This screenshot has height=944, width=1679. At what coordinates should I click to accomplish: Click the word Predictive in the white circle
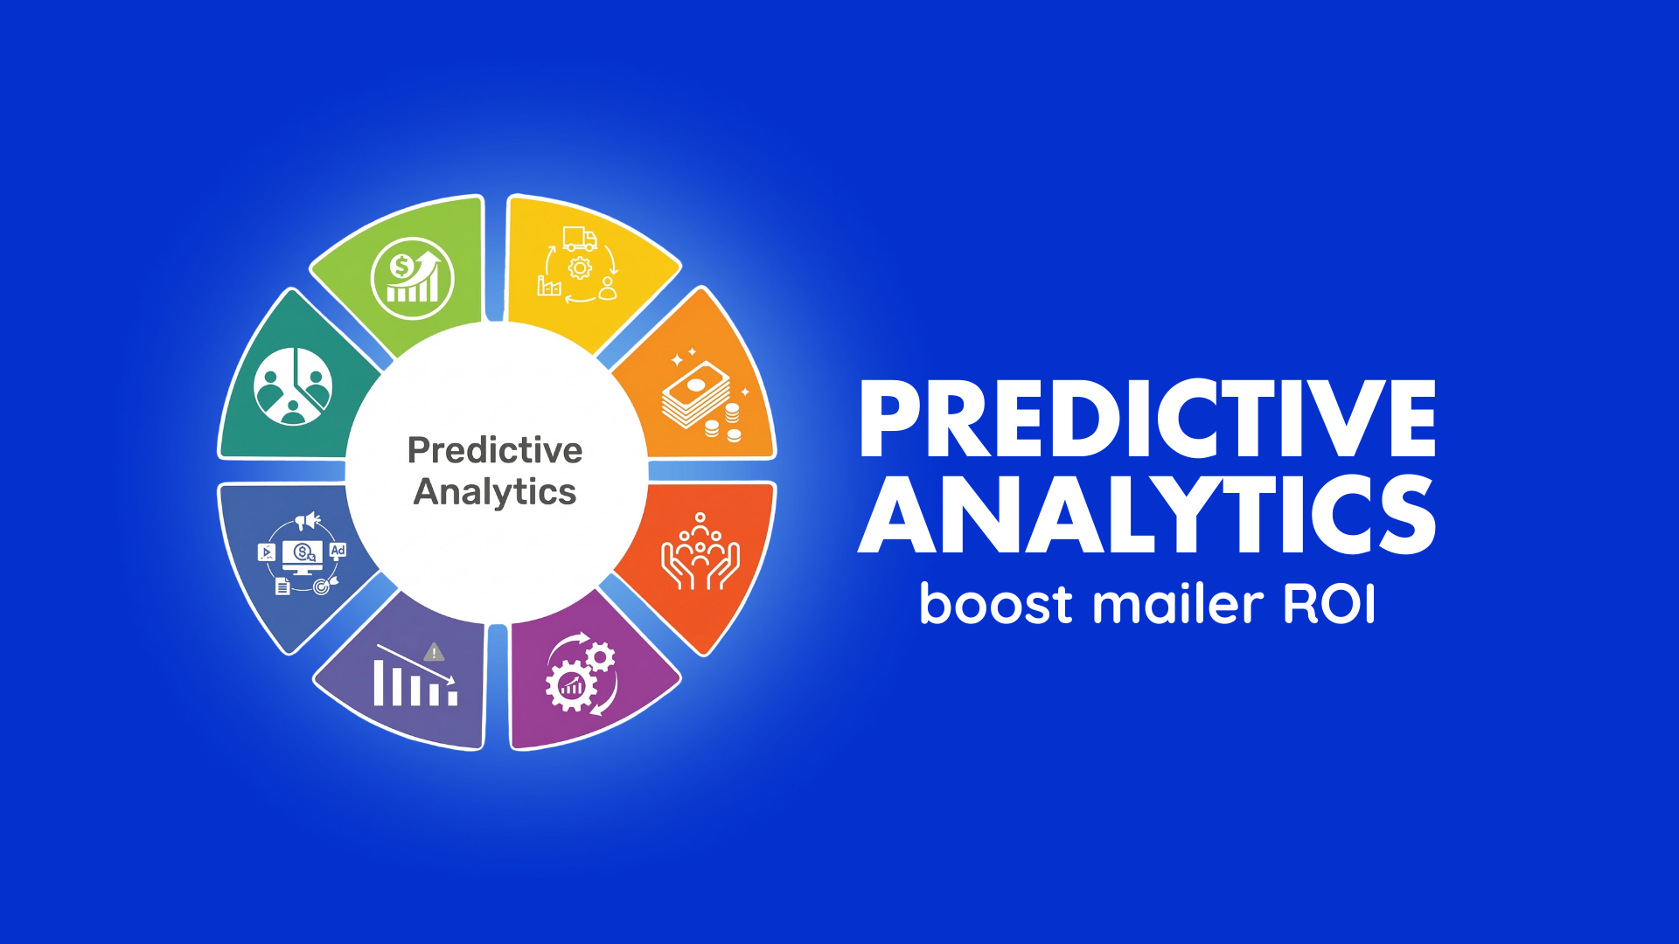point(495,450)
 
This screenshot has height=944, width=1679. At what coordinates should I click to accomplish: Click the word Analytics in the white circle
point(495,491)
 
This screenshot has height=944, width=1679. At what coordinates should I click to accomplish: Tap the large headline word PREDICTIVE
point(1147,420)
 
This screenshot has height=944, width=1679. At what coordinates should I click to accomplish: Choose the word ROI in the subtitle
point(1329,604)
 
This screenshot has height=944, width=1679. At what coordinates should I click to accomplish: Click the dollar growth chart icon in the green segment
point(412,279)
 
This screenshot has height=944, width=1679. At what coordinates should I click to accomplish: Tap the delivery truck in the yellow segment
point(580,238)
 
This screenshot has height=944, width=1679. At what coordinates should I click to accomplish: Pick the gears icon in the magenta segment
point(581,677)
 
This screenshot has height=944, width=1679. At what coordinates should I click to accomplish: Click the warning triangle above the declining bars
point(434,652)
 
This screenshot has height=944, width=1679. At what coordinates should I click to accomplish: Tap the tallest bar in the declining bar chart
point(379,683)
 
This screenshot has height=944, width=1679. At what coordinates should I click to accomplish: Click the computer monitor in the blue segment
point(302,556)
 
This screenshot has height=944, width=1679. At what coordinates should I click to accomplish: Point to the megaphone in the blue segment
point(307,522)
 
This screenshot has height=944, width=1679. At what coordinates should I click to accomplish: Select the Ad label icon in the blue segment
point(338,551)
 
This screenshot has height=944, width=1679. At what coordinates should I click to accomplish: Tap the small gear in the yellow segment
point(580,268)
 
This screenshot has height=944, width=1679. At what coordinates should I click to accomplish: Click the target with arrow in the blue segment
point(324,586)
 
